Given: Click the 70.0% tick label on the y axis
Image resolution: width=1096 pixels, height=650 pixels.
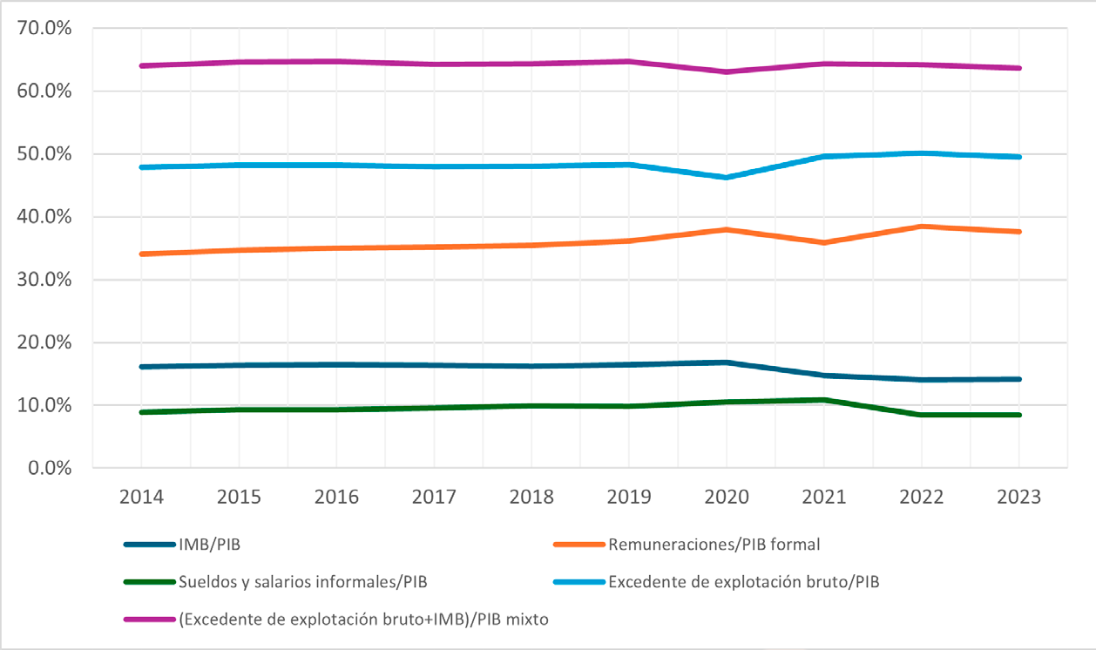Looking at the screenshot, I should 44,29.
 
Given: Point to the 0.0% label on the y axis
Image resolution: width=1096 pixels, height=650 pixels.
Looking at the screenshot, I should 48,469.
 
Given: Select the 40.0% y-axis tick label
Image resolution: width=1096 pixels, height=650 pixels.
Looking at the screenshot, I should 44,217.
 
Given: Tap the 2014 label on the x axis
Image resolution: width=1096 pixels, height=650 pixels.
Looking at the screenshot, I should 141,498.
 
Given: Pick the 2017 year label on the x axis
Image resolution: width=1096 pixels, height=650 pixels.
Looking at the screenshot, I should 434,498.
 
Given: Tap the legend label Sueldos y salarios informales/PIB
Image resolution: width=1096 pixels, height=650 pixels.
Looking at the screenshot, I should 303,582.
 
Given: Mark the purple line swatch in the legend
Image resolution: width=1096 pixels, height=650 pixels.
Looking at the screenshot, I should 149,619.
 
